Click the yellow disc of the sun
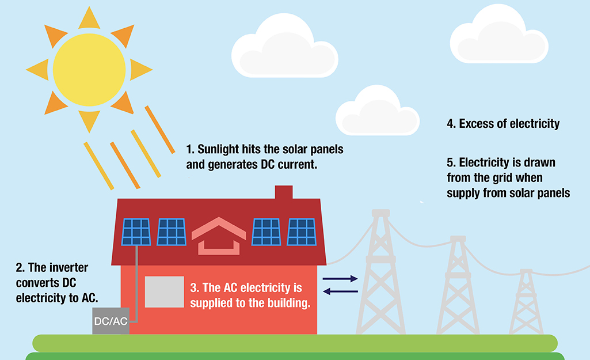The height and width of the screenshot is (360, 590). point(89,70)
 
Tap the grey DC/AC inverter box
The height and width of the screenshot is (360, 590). point(111,321)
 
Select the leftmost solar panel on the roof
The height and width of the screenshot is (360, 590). point(136,232)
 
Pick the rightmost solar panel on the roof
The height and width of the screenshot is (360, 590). point(302,232)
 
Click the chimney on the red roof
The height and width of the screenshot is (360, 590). point(284,192)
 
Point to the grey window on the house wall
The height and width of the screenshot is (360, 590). point(165,292)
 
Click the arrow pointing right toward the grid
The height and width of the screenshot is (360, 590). point(340,279)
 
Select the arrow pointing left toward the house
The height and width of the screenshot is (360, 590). point(341,291)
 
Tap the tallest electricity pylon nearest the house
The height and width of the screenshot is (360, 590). point(381,271)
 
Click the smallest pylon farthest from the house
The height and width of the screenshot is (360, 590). point(526,301)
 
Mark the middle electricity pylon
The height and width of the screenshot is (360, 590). point(458,285)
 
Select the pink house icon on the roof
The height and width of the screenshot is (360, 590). point(219,236)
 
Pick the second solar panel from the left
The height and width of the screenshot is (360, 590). point(172,232)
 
